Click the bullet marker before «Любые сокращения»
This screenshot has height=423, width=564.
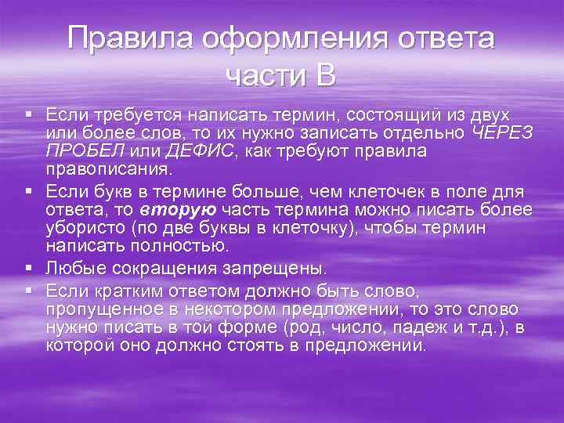tap(29, 268)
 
